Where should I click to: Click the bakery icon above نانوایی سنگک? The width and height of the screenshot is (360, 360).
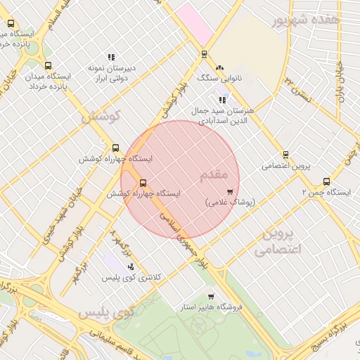(219, 67)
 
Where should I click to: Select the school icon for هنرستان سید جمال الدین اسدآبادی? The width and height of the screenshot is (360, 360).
(223, 101)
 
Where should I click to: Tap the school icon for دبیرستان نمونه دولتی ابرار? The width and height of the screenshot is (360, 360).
(111, 57)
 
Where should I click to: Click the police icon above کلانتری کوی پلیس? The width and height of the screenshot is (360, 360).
(131, 266)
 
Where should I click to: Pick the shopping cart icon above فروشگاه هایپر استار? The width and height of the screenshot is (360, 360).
(210, 297)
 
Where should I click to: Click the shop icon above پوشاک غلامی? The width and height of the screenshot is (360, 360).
(230, 191)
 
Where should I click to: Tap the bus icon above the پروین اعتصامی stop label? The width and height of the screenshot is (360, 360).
(285, 155)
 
